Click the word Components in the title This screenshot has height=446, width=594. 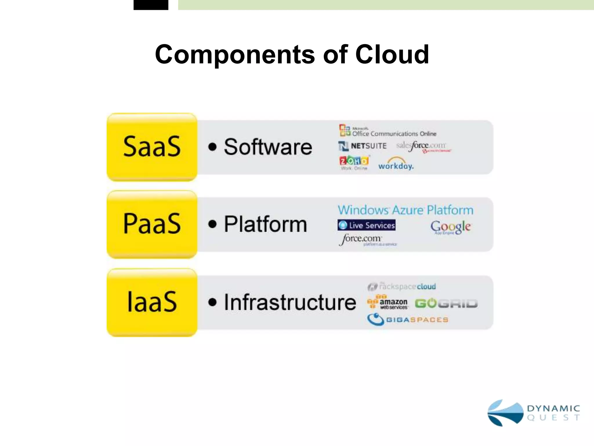click(x=234, y=55)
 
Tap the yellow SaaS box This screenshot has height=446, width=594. click(x=152, y=147)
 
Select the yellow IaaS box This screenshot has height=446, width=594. click(x=152, y=302)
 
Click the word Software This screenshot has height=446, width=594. click(x=268, y=147)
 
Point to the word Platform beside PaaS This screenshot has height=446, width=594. click(x=265, y=224)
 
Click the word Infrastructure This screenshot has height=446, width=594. click(x=290, y=302)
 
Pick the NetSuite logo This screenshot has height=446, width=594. click(x=363, y=146)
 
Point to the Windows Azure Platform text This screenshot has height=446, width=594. click(x=405, y=210)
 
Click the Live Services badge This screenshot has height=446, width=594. click(x=367, y=225)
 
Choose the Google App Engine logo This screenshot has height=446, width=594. click(x=450, y=227)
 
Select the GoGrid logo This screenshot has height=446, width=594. click(x=446, y=303)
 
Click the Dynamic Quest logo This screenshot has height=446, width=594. click(x=534, y=413)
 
